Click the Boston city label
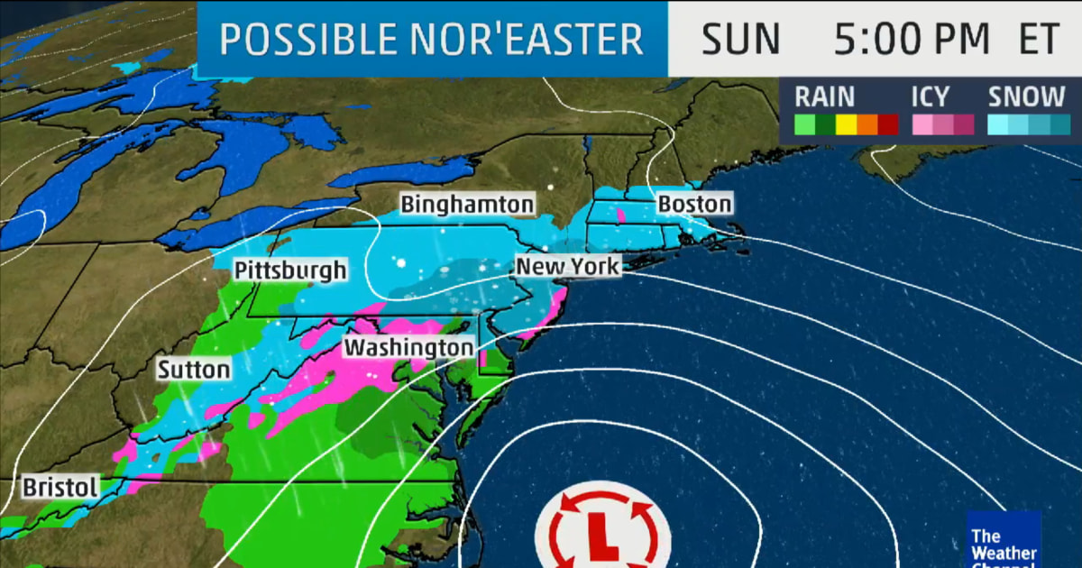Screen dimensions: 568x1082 [x=694, y=204]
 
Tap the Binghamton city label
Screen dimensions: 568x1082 [x=467, y=204]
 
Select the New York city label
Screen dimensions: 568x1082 [x=567, y=267]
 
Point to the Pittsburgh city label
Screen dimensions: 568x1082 [x=290, y=270]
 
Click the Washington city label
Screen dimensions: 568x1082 [x=409, y=347]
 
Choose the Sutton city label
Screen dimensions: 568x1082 [x=194, y=370]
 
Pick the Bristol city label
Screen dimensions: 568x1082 [x=60, y=488]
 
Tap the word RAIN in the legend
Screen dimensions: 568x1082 [x=824, y=96]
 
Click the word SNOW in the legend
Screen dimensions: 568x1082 [x=1027, y=96]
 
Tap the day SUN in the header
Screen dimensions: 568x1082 [x=740, y=40]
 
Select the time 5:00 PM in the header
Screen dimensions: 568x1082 [x=912, y=40]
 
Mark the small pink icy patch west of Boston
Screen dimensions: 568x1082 [x=621, y=215]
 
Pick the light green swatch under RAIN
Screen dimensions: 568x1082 [x=802, y=124]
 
